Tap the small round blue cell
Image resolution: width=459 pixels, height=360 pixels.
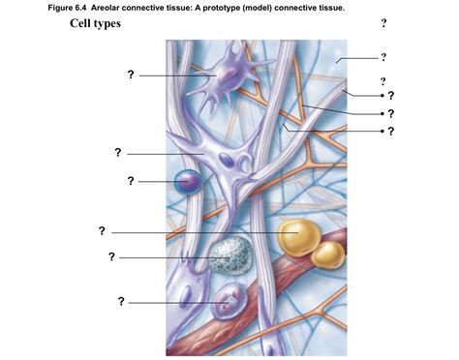186,180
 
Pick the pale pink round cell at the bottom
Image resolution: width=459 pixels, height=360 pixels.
229,303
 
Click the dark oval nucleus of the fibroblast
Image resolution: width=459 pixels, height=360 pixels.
225,162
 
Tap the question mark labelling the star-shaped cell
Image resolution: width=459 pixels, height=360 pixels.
131,75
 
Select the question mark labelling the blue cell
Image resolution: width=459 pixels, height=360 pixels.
131,180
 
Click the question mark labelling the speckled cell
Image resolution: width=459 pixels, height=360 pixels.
112,256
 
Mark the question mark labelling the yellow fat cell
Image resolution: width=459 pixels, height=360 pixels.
102,230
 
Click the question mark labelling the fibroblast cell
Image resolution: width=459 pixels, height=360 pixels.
117,152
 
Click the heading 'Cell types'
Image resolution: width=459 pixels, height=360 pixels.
95,22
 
